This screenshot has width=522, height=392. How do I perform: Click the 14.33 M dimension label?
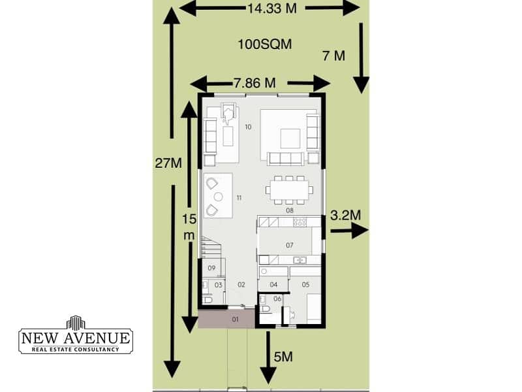[272, 8]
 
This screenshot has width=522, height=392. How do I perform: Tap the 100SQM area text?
[265, 44]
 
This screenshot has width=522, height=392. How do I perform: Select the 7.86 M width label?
[255, 83]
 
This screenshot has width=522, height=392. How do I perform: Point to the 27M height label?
[168, 163]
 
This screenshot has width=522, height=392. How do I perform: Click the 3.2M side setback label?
[346, 216]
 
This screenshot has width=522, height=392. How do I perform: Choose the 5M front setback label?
[283, 357]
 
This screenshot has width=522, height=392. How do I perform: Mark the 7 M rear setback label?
[334, 56]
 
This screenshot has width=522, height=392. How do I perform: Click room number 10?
[248, 127]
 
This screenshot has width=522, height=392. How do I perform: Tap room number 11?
[239, 198]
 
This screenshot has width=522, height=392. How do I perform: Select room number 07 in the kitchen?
[290, 246]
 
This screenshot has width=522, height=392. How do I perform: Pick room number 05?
[305, 284]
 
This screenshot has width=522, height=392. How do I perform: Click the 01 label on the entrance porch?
[236, 319]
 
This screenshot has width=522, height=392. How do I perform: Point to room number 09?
[211, 268]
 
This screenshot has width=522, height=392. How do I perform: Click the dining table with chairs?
[288, 190]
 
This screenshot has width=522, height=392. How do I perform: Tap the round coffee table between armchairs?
[219, 197]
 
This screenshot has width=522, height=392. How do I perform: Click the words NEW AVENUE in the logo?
[76, 338]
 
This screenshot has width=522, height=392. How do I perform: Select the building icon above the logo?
[76, 322]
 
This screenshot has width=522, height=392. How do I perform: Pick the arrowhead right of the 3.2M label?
[360, 230]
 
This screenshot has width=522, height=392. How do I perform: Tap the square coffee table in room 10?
[290, 139]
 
